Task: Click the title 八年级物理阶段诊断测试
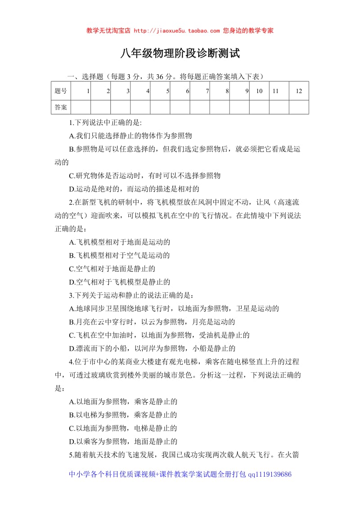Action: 180,54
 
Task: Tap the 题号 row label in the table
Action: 61,91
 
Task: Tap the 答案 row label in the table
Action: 61,107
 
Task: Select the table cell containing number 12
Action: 299,91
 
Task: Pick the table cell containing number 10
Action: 259,91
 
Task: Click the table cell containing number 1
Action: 81,91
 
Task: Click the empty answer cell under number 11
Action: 279,107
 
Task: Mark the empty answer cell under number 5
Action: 160,107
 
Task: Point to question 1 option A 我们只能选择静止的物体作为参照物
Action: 130,135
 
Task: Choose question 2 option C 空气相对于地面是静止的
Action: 112,269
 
